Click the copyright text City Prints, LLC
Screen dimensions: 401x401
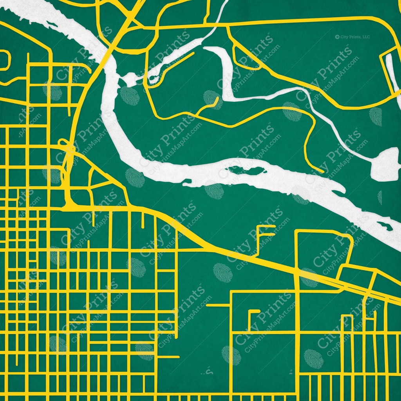click(x=355, y=37)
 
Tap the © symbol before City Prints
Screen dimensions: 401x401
click(x=337, y=37)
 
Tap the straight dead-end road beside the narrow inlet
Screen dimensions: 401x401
click(x=178, y=63)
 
